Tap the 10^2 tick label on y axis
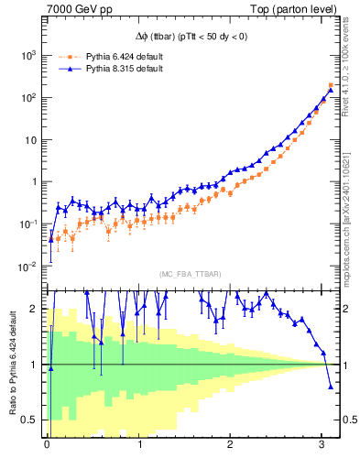point(27,97)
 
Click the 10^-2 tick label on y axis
point(27,267)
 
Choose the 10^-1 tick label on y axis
point(27,224)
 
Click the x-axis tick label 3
point(321,446)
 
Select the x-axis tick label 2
point(230,446)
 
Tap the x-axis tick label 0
point(47,446)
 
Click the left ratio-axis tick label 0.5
point(28,420)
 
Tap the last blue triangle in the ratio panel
point(331,386)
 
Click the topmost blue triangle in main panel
point(331,90)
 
